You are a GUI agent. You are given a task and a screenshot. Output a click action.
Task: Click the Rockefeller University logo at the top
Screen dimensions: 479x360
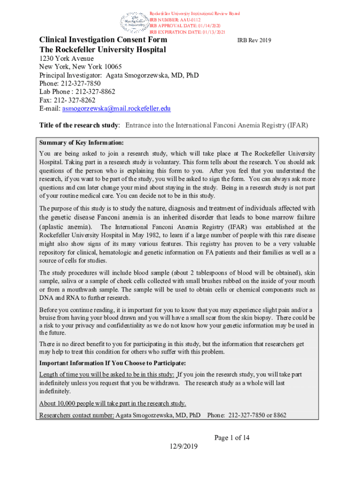pyautogui.click(x=134, y=21)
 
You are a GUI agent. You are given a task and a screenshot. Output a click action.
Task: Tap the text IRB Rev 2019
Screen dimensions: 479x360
pyautogui.click(x=254, y=41)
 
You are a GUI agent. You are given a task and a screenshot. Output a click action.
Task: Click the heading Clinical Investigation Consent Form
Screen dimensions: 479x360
pyautogui.click(x=103, y=40)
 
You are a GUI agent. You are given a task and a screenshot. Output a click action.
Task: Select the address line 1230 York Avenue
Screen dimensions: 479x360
pyautogui.click(x=66, y=58)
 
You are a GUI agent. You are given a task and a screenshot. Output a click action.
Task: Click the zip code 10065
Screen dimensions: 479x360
pyautogui.click(x=111, y=67)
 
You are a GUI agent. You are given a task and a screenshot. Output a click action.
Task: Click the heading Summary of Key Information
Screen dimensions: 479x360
pyautogui.click(x=82, y=143)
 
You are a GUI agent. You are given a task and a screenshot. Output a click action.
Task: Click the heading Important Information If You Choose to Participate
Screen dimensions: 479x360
pyautogui.click(x=112, y=363)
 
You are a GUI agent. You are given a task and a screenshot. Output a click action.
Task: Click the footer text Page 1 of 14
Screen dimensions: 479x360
pyautogui.click(x=232, y=438)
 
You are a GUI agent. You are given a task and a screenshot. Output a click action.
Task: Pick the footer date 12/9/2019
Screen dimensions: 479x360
pyautogui.click(x=184, y=446)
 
